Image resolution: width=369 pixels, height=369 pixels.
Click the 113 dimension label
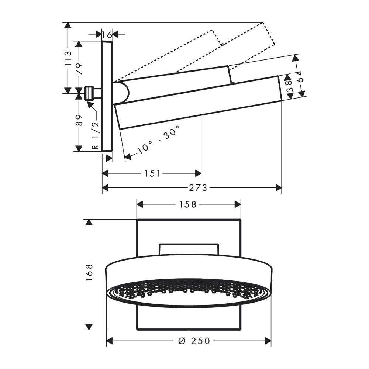[68, 58]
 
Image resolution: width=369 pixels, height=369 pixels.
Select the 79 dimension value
[79, 69]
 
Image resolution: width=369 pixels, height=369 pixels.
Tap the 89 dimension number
[79, 120]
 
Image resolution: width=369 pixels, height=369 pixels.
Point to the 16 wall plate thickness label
[107, 35]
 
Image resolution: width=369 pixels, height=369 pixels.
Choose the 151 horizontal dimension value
[152, 174]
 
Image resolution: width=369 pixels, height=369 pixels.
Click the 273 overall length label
[198, 188]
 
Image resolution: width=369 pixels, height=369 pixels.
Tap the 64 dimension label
[300, 76]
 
